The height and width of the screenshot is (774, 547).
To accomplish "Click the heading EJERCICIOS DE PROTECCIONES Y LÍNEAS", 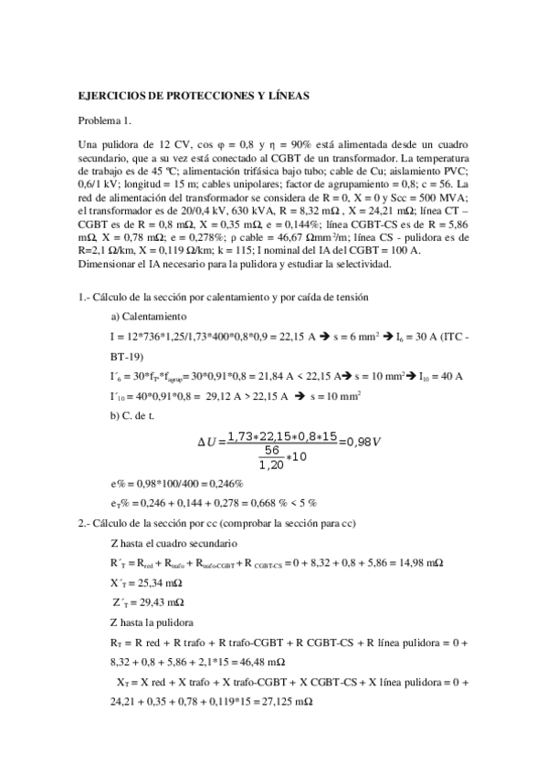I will click(x=195, y=94).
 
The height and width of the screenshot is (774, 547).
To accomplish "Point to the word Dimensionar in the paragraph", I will click(x=110, y=264).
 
